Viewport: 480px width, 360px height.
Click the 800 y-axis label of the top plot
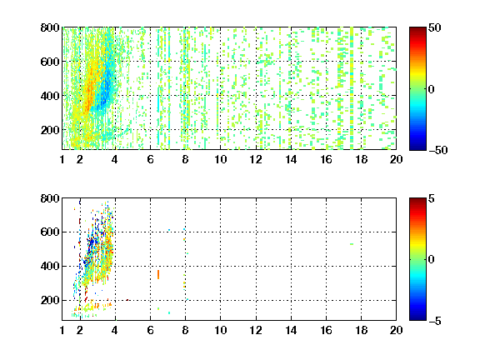[50, 27]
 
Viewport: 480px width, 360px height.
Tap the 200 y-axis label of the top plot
[50, 130]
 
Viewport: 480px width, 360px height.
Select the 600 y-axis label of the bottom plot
[50, 232]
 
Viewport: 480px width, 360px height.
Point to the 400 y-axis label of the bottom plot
[50, 266]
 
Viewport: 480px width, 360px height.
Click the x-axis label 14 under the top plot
[291, 159]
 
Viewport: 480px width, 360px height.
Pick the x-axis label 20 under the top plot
[396, 159]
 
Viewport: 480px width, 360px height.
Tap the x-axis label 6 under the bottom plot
[150, 330]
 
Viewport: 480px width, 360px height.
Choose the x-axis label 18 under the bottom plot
[361, 330]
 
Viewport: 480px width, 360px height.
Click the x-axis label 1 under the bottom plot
[62, 330]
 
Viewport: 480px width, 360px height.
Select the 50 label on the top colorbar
[435, 27]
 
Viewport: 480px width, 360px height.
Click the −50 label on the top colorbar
[437, 150]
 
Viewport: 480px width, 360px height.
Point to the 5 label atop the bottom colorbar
[432, 198]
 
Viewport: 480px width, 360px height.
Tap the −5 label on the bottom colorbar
[434, 321]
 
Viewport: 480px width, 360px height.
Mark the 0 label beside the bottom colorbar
[432, 260]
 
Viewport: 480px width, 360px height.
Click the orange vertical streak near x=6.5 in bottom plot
[158, 274]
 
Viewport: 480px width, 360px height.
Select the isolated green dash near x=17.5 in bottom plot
[352, 244]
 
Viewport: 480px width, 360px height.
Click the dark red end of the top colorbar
[417, 30]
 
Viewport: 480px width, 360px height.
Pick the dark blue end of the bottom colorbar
[417, 317]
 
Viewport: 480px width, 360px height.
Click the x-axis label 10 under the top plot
[220, 159]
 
